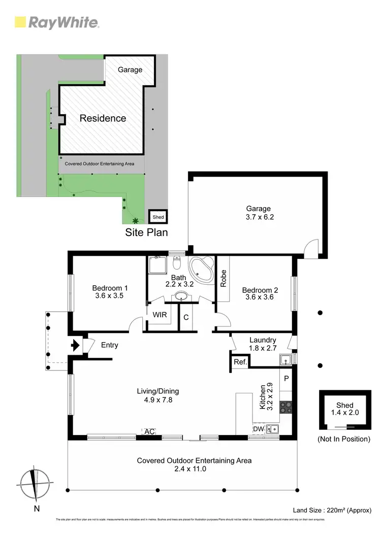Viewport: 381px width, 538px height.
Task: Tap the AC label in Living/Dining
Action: pos(149,431)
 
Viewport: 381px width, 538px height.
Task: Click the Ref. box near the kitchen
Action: pos(240,362)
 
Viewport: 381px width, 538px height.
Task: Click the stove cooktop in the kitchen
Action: pos(286,407)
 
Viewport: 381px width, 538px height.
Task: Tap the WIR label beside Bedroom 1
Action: pos(160,315)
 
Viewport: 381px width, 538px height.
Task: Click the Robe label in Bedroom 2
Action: pos(223,278)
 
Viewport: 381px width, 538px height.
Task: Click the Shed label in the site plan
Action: pos(158,217)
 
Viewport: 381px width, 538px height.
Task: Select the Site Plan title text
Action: pos(146,232)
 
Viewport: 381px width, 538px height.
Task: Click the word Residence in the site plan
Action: pos(103,118)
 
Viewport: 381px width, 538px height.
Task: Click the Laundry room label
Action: pos(263,340)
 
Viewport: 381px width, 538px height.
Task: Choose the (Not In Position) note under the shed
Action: pos(343,439)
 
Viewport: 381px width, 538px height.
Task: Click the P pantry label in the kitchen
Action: pos(286,378)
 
